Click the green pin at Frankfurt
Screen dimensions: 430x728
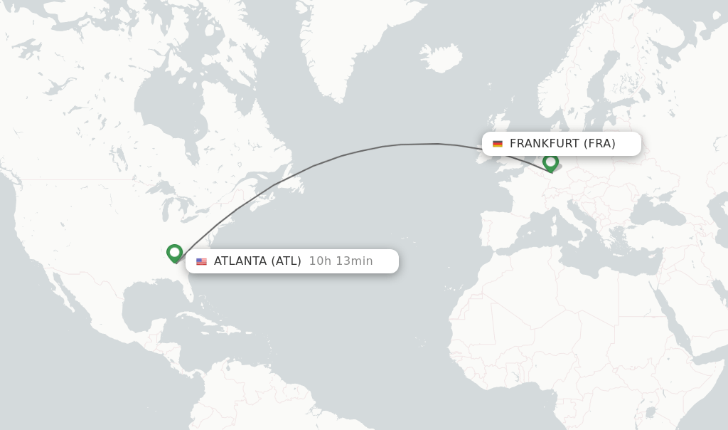coord(550,163)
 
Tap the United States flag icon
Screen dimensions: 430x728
coord(202,261)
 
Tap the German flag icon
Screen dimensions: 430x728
coord(498,144)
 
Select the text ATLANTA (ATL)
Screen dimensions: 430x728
coord(257,261)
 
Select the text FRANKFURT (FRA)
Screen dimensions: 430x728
coord(562,144)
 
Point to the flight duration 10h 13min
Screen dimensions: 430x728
coord(341,261)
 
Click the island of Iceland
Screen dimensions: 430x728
coord(441,58)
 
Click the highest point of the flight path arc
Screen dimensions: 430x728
coord(419,144)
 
